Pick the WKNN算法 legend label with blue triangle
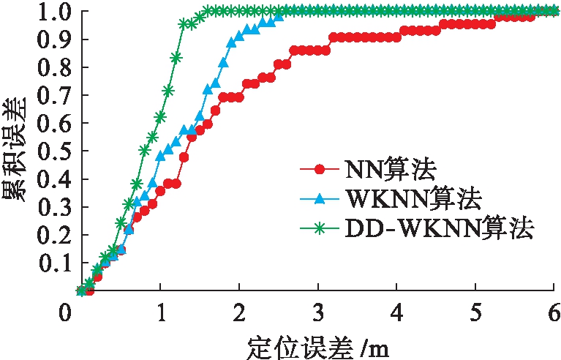pyautogui.click(x=411, y=200)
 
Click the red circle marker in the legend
pyautogui.click(x=319, y=170)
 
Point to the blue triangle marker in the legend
pyautogui.click(x=319, y=200)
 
